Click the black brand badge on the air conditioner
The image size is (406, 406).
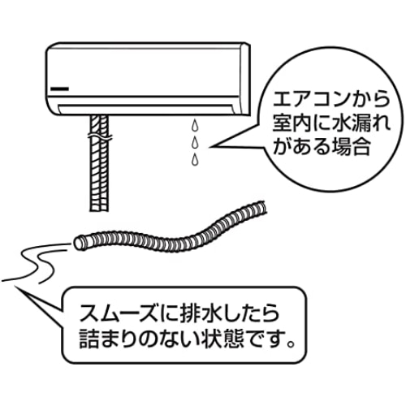pyautogui.click(x=59, y=89)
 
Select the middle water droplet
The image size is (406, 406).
pyautogui.click(x=194, y=142)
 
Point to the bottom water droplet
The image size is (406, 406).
pyautogui.click(x=194, y=159)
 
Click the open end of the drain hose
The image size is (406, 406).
pyautogui.click(x=79, y=243)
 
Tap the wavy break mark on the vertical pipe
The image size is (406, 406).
pyautogui.click(x=100, y=137)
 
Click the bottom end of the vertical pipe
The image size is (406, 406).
pyautogui.click(x=99, y=209)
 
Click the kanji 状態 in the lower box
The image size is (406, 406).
pyautogui.click(x=222, y=339)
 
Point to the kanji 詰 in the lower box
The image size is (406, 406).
pyautogui.click(x=89, y=339)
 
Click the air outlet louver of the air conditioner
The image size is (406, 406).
pyautogui.click(x=146, y=110)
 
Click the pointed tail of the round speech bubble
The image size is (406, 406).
pyautogui.click(x=210, y=147)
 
